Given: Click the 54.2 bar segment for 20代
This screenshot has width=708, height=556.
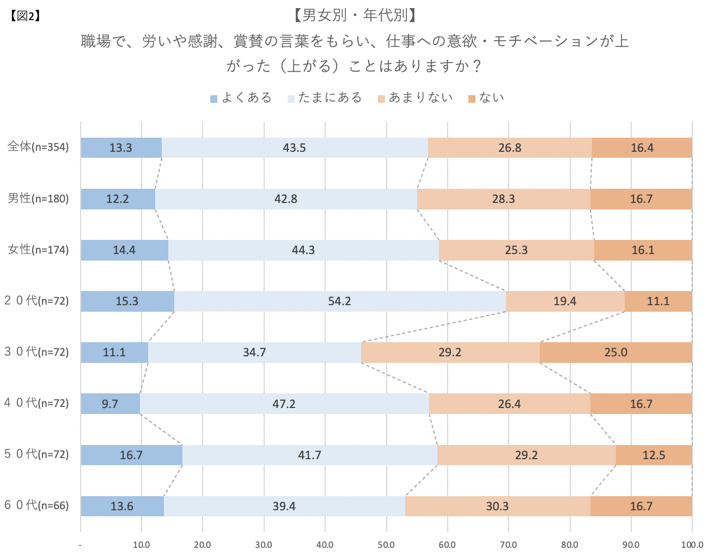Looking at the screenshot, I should pyautogui.click(x=340, y=301).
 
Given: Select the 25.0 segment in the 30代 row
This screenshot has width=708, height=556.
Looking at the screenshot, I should pyautogui.click(x=615, y=353).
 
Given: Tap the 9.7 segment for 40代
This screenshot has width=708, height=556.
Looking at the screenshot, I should pyautogui.click(x=111, y=404).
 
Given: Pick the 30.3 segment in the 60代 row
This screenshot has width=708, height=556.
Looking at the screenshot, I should pyautogui.click(x=497, y=506).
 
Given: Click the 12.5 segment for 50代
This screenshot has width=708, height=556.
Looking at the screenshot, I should pyautogui.click(x=654, y=455).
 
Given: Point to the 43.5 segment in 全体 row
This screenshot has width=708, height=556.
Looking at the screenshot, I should pyautogui.click(x=295, y=148).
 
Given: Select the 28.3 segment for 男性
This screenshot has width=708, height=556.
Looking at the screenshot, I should pyautogui.click(x=503, y=199).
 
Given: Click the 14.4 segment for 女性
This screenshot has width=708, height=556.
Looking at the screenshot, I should pyautogui.click(x=124, y=250).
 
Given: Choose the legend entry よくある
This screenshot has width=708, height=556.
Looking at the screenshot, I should pyautogui.click(x=241, y=98).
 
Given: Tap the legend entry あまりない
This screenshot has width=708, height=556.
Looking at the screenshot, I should pyautogui.click(x=415, y=98).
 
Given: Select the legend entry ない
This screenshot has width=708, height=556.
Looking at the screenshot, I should pyautogui.click(x=486, y=98).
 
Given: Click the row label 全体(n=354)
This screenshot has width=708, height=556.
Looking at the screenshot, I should pyautogui.click(x=38, y=147).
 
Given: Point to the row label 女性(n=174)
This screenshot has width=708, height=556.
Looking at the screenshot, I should pyautogui.click(x=38, y=250).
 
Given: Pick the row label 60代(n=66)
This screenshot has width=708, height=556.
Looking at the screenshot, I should pyautogui.click(x=37, y=505).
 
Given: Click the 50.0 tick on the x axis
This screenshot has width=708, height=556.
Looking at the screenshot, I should pyautogui.click(x=386, y=545).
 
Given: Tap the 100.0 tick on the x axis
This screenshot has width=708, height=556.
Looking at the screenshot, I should pyautogui.click(x=692, y=545).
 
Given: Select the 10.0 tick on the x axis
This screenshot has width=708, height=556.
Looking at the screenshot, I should pyautogui.click(x=142, y=545).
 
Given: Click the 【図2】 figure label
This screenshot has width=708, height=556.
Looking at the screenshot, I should pyautogui.click(x=25, y=16).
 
